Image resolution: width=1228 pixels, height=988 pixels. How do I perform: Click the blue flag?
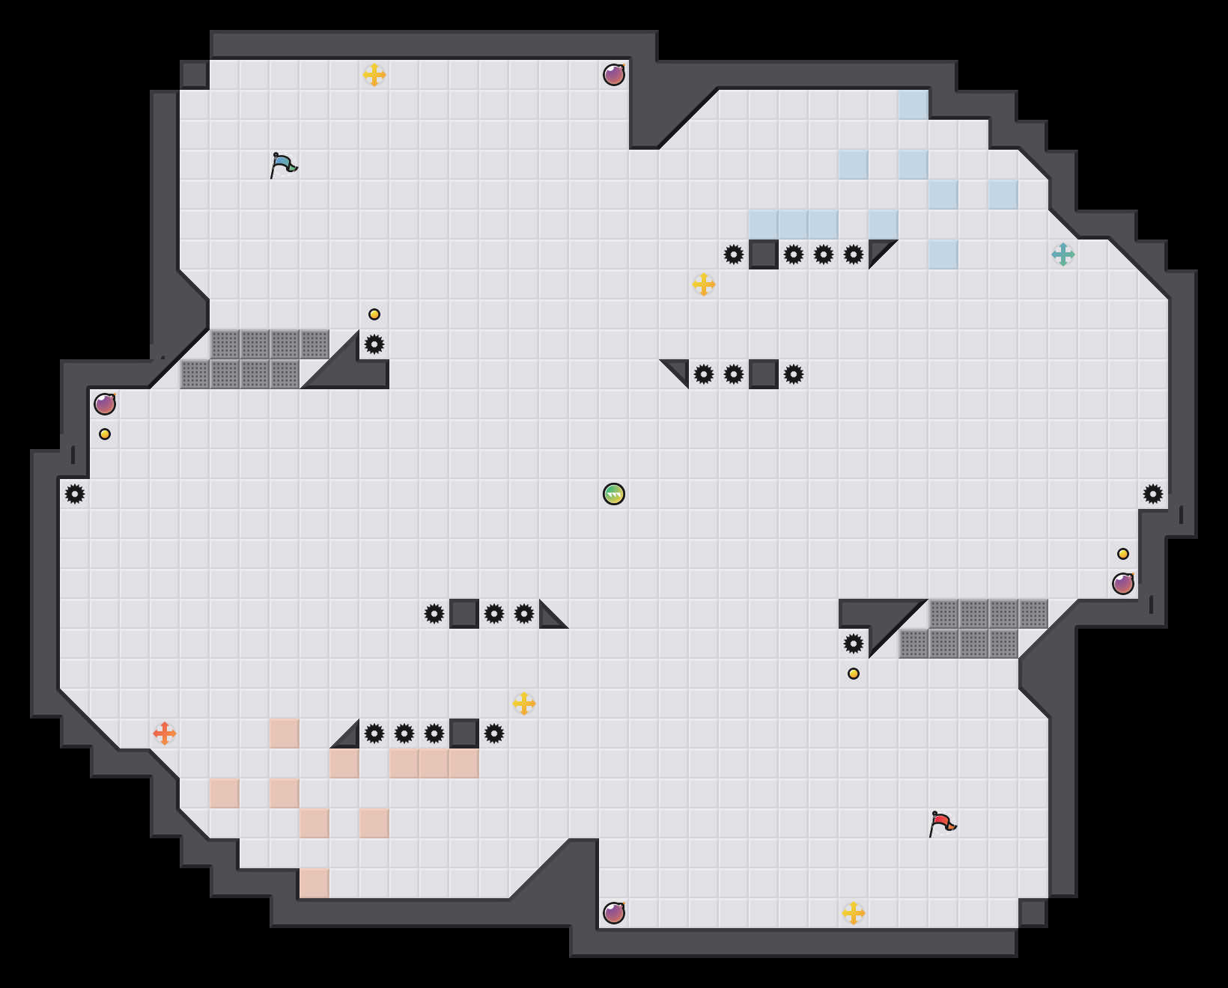point(283,165)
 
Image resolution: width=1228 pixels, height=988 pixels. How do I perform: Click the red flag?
point(942,823)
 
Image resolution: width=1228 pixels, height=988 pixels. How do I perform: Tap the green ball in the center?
point(614,494)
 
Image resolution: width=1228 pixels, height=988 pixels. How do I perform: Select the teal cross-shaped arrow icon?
point(1063,254)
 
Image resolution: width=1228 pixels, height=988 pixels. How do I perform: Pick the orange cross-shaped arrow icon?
point(165,734)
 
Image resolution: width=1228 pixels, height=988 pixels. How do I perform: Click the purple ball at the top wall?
point(614,75)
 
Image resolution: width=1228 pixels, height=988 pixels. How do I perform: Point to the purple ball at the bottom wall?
point(614,913)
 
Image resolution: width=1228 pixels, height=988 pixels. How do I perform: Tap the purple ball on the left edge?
point(105,404)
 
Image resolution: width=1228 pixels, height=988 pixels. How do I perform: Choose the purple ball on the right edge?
point(1123,584)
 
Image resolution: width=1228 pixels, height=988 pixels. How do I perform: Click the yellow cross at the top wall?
point(374,75)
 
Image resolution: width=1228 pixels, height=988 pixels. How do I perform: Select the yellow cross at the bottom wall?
point(854,913)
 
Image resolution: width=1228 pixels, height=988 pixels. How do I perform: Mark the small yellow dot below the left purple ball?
point(105,434)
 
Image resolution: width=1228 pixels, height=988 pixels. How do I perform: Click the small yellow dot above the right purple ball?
point(1123,554)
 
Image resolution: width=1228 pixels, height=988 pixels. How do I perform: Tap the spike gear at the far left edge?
point(75,494)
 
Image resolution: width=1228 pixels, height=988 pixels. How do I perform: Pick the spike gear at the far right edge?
point(1153,494)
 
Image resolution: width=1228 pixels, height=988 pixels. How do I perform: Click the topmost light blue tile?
point(914,105)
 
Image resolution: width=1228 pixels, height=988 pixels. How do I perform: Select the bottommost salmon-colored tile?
point(314,883)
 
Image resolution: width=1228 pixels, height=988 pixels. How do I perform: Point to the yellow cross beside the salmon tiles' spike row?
point(524,704)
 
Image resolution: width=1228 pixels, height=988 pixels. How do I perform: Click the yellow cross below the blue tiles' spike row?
point(704,284)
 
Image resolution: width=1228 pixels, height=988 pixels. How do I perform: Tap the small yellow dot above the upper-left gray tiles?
point(374,314)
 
